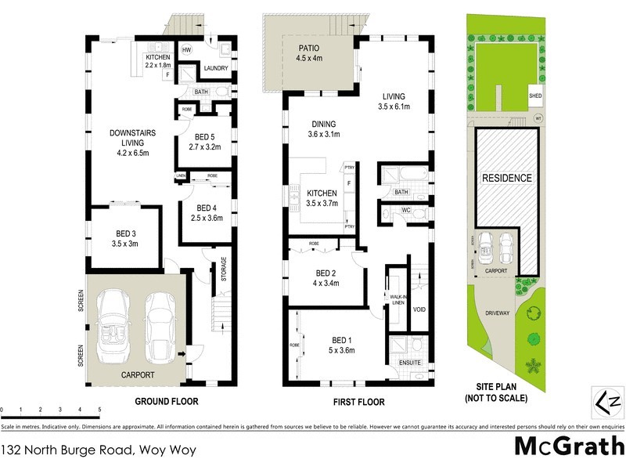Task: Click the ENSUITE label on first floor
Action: click(410, 363)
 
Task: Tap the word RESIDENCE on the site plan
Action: click(506, 178)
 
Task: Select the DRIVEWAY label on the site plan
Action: click(497, 312)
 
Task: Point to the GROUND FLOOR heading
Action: click(165, 400)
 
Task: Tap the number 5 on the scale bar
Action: click(99, 410)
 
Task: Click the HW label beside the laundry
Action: click(186, 50)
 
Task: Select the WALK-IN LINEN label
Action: click(398, 300)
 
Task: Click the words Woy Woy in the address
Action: click(167, 450)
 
